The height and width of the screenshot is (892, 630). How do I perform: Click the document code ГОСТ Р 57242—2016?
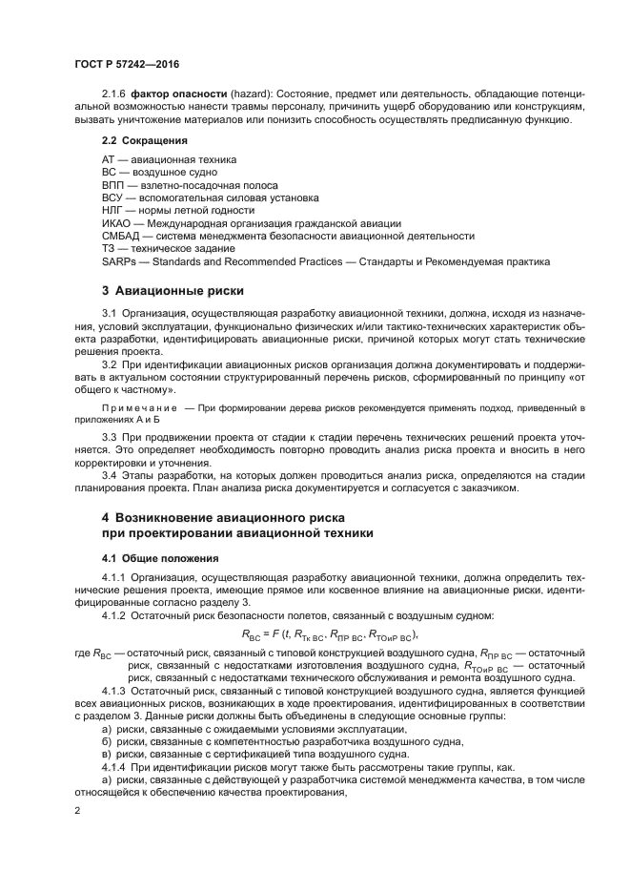(127, 63)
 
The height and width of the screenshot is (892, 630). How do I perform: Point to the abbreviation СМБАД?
(121, 236)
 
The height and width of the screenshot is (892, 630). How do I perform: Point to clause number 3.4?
(110, 475)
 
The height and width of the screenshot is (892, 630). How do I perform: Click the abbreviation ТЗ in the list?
(110, 248)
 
